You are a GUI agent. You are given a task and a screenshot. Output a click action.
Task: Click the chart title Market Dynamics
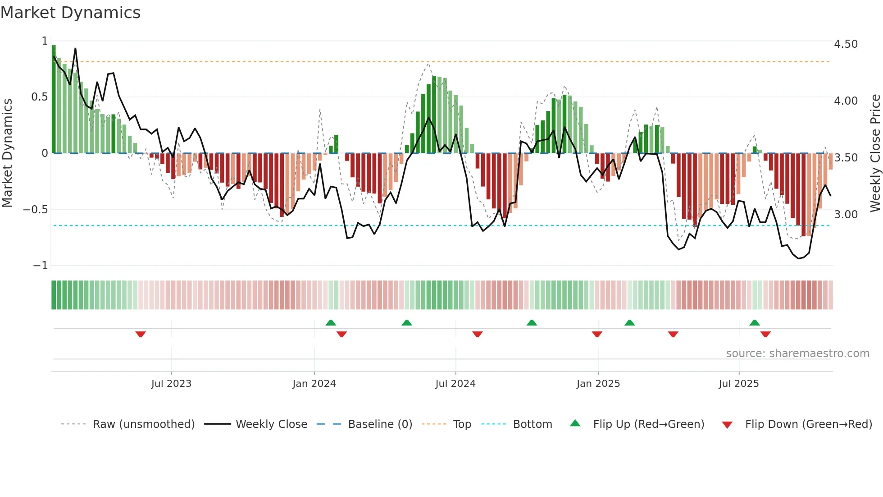[x=71, y=13]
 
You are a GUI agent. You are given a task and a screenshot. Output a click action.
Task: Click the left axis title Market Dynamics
[x=7, y=153]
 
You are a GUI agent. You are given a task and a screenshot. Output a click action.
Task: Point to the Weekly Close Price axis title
[x=875, y=153]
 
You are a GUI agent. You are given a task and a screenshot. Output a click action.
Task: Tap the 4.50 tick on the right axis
[x=846, y=44]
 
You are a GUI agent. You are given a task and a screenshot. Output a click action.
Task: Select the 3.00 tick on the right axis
[x=846, y=214]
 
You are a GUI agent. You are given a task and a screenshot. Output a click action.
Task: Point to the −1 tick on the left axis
[x=40, y=266]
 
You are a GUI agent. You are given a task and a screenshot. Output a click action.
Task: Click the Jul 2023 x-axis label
[x=171, y=384]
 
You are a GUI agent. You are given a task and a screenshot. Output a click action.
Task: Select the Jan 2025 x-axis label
[x=598, y=384]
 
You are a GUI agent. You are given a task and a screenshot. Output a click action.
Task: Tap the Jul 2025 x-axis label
[x=738, y=384]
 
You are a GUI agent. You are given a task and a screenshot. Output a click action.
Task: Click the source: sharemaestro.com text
[x=797, y=354]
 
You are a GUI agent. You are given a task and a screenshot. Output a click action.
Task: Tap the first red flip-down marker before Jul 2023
[x=141, y=334]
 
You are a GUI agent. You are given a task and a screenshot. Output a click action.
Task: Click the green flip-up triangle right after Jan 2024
[x=331, y=322]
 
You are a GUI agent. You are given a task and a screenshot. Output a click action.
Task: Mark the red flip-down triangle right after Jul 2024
[x=478, y=334]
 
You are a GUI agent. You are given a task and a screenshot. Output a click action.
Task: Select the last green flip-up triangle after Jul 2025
[x=755, y=322]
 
